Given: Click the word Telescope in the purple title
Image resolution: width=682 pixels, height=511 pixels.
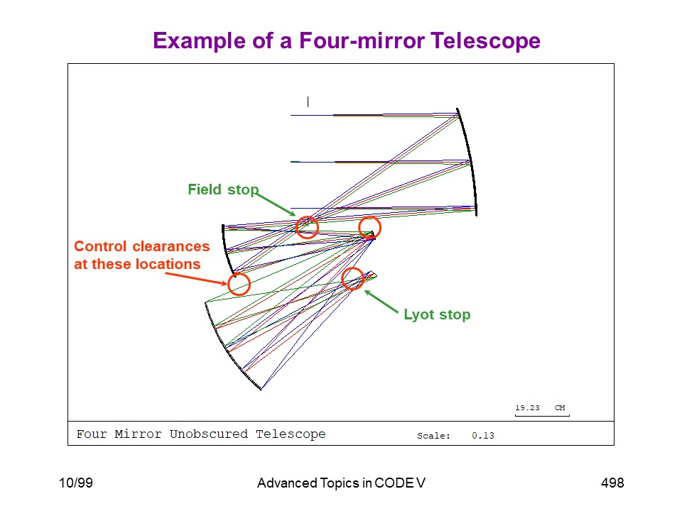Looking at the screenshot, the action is click(485, 41).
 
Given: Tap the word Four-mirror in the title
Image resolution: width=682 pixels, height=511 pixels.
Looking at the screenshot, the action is click(362, 41).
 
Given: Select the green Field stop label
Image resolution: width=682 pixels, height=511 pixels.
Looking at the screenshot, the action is click(223, 189).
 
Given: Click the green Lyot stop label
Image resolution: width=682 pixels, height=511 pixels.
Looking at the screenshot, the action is click(437, 314).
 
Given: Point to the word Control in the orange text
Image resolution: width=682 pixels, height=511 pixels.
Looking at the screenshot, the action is click(102, 246).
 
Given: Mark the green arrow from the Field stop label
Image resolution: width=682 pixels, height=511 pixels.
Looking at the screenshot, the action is click(275, 204).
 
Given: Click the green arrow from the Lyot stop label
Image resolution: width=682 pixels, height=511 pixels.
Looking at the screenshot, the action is click(381, 301).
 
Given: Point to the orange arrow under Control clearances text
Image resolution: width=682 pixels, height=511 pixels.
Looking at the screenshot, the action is click(197, 278).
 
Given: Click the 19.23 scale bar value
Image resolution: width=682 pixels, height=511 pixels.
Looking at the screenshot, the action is click(527, 407).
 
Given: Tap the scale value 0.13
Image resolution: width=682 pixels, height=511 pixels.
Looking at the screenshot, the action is click(483, 435).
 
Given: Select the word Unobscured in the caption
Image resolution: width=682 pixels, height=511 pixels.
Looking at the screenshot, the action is click(208, 434).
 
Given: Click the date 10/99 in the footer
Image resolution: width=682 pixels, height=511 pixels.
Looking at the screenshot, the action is click(76, 483).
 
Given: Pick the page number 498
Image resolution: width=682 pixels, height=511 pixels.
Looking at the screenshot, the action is click(612, 483).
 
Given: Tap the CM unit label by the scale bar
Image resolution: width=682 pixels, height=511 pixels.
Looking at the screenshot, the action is click(560, 407).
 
